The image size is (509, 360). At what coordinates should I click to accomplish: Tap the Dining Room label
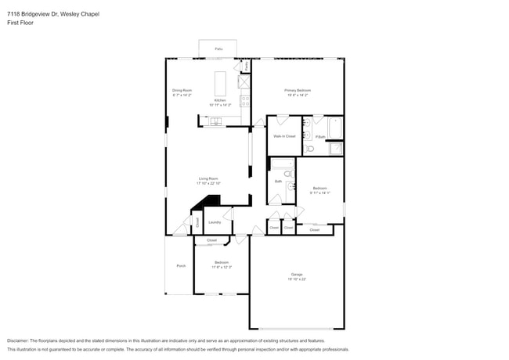[183, 91]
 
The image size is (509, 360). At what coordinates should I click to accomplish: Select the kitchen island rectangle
[220, 82]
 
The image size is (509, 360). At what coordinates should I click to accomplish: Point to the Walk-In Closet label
[283, 136]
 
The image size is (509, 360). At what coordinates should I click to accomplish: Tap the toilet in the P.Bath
[309, 148]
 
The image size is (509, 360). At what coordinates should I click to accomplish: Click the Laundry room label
[214, 222]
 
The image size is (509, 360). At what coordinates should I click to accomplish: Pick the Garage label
[296, 275]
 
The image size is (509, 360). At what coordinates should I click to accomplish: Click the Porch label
[180, 266]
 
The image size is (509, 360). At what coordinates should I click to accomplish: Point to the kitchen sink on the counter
[215, 120]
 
